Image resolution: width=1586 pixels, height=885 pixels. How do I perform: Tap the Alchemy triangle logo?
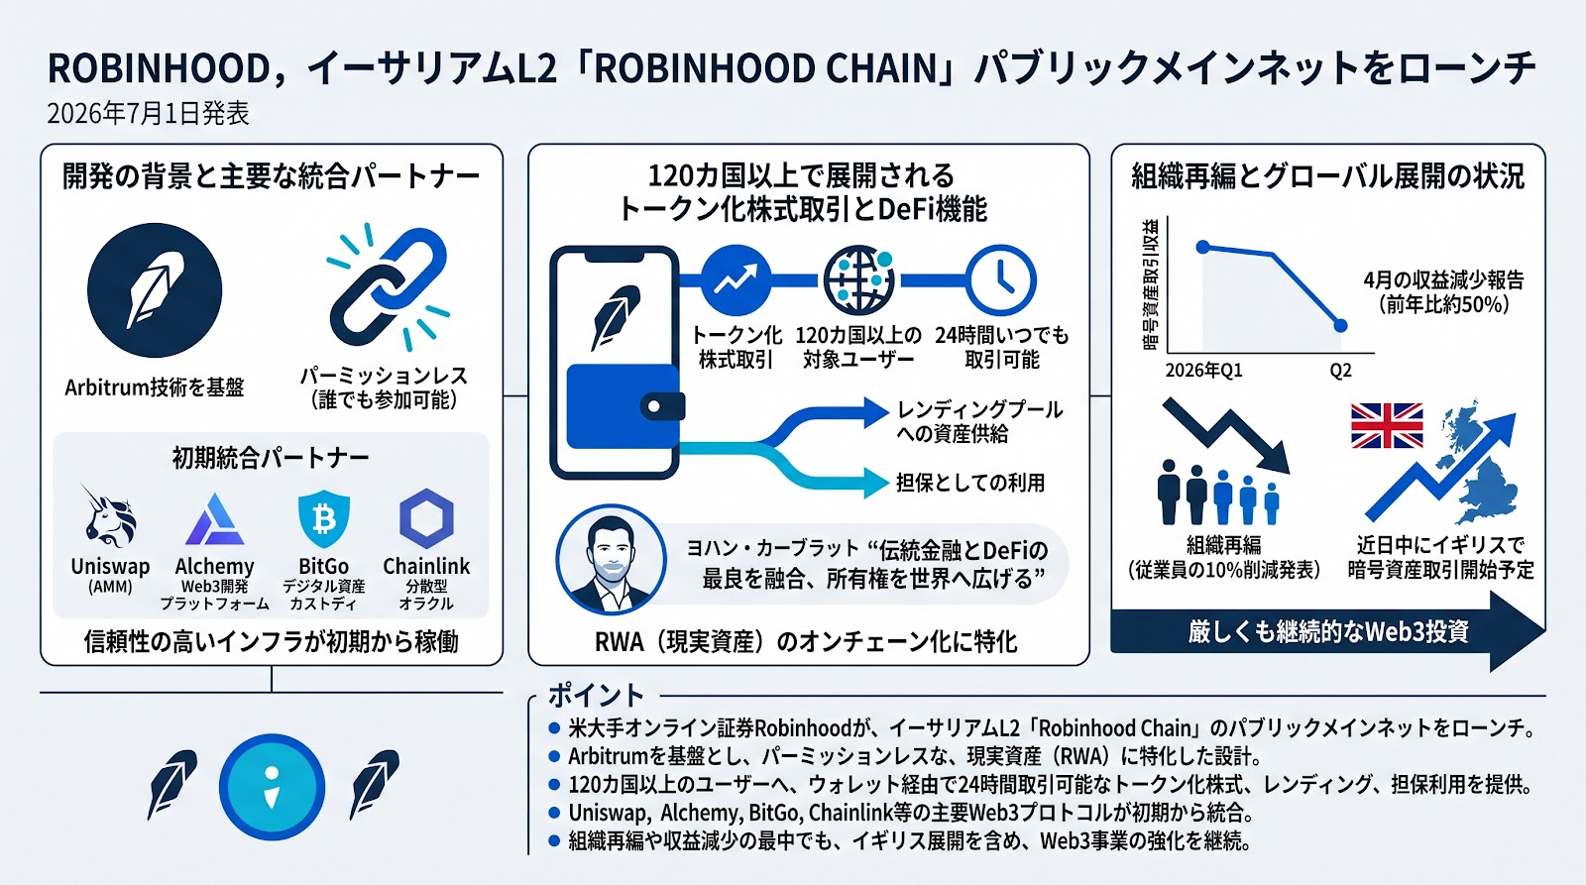(214, 520)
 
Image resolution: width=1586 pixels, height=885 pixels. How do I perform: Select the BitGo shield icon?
(323, 519)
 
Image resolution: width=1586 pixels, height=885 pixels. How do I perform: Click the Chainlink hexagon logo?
(426, 518)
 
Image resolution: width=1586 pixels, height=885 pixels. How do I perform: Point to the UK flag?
(1387, 425)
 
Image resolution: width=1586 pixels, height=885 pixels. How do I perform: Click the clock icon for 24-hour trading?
(1001, 280)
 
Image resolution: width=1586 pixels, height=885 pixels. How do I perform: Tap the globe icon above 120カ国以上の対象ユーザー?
(858, 280)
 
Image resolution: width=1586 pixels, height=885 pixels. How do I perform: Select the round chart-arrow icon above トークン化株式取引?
(736, 280)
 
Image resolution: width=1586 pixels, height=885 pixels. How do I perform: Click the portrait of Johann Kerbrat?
(611, 559)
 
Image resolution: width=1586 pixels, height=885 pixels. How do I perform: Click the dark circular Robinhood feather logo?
(155, 290)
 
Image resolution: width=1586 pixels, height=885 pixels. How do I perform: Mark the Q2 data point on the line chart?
(1340, 326)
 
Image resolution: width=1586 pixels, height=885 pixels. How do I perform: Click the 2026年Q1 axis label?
(1203, 371)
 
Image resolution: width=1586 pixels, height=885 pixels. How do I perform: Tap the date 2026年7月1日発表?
(148, 113)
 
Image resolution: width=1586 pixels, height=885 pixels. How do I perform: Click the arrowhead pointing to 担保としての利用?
(875, 483)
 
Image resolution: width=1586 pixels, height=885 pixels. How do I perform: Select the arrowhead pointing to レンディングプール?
(875, 412)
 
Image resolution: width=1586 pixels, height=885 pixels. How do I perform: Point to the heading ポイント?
(596, 696)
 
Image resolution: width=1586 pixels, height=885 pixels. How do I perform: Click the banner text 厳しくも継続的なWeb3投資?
(1328, 631)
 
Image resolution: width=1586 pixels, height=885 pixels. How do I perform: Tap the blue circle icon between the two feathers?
(272, 787)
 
